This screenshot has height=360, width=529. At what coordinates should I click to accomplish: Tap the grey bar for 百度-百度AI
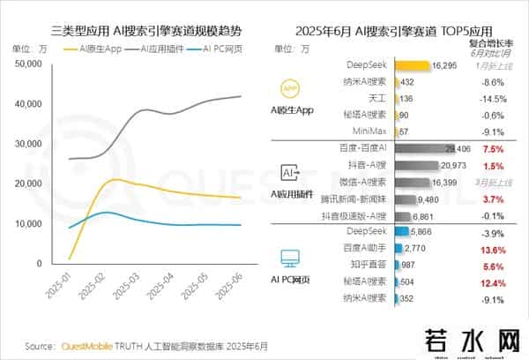click(420, 149)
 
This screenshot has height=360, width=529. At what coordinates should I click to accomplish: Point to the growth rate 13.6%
click(494, 250)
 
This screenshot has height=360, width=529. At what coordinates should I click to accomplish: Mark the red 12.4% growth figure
click(494, 282)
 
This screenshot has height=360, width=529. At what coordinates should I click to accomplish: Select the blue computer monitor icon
click(290, 257)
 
